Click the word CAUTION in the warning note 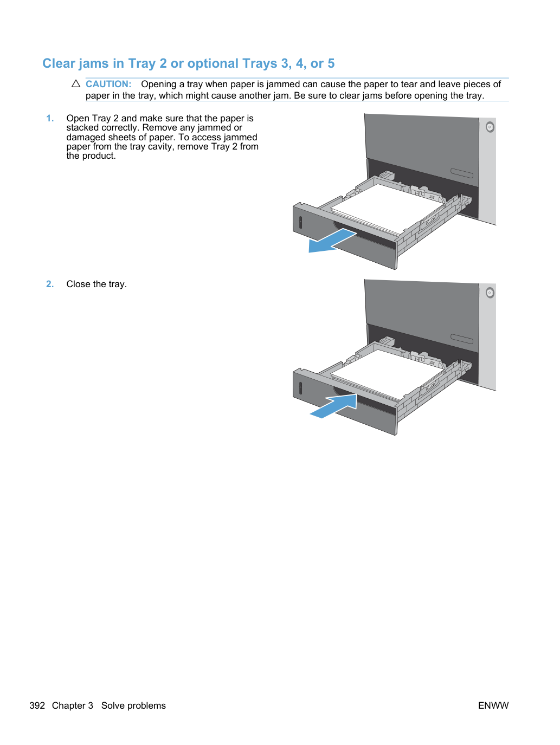[x=108, y=84]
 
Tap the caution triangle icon [x=76, y=83]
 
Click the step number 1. [x=50, y=118]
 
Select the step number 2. [x=50, y=284]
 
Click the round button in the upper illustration [x=490, y=127]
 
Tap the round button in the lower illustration [x=490, y=293]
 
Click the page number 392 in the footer [x=37, y=705]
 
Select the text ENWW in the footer [x=493, y=705]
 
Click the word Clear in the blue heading [x=59, y=63]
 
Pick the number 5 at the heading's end [x=331, y=63]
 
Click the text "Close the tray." [x=96, y=284]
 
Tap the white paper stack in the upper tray [x=387, y=208]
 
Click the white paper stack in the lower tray [x=387, y=373]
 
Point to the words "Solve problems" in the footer [x=133, y=705]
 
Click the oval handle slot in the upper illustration [x=461, y=173]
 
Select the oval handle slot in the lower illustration [x=461, y=339]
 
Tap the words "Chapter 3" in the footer [x=72, y=705]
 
